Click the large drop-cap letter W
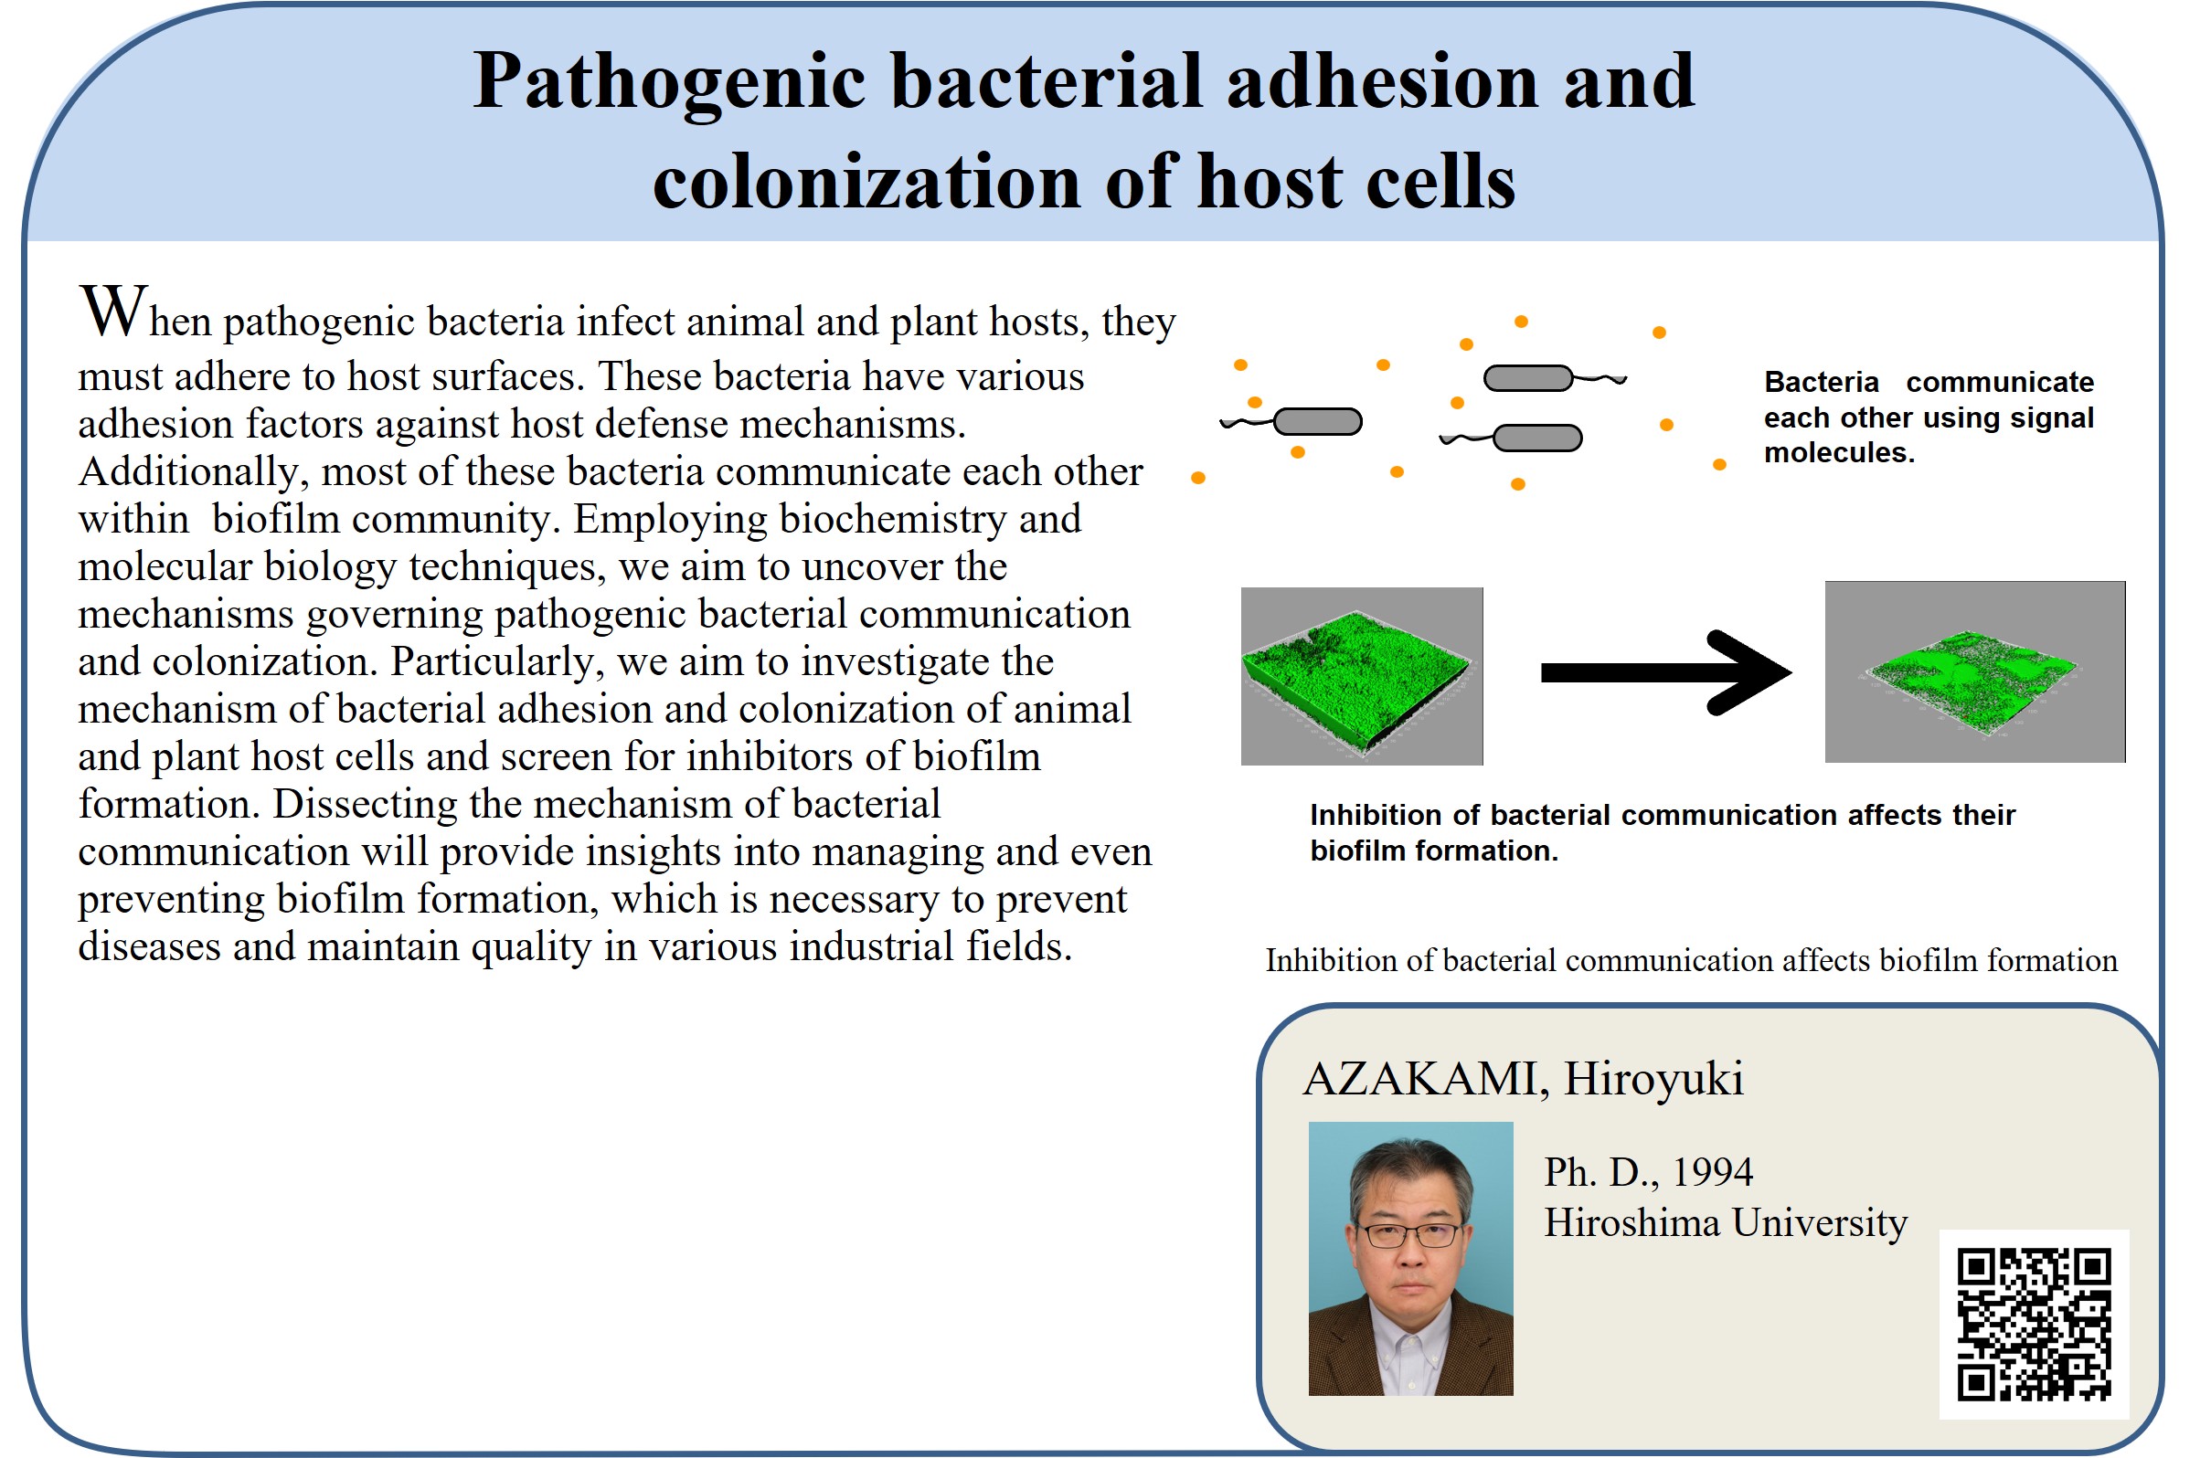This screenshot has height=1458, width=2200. coord(113,311)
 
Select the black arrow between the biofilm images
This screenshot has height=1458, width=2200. coord(1665,672)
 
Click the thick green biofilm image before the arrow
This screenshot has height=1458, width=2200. coord(1362,676)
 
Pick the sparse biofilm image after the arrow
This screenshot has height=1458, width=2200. coord(1974,671)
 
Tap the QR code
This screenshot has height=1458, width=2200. coord(2034,1323)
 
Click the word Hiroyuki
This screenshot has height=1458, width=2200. coord(1653,1080)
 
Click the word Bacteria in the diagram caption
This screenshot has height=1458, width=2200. coord(1822,382)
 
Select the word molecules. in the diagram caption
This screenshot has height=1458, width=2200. coord(1839,453)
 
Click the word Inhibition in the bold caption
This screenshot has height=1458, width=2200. coord(1376,816)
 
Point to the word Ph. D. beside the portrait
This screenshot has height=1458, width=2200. coord(1602,1173)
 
